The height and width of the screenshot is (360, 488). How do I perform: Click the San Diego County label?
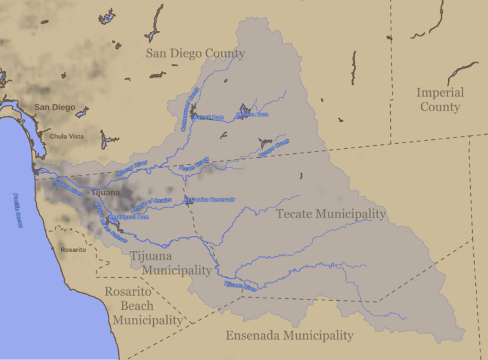[195, 53]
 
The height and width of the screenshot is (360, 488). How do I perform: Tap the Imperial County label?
[440, 100]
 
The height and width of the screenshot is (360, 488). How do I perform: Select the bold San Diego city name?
[55, 107]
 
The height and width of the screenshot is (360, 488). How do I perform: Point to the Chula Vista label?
[67, 136]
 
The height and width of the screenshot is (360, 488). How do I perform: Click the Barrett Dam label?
[209, 118]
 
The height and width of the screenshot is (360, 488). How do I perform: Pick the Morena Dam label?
[252, 114]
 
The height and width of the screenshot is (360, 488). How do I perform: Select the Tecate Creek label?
[194, 166]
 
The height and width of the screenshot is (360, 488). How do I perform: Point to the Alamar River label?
[132, 169]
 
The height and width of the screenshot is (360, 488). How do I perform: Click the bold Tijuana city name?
[105, 193]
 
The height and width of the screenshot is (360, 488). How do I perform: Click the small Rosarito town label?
[73, 250]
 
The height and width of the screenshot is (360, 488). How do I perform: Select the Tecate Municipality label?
[330, 214]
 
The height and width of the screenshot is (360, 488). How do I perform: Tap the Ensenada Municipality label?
[289, 335]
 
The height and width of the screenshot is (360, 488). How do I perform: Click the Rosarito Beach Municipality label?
[147, 306]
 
